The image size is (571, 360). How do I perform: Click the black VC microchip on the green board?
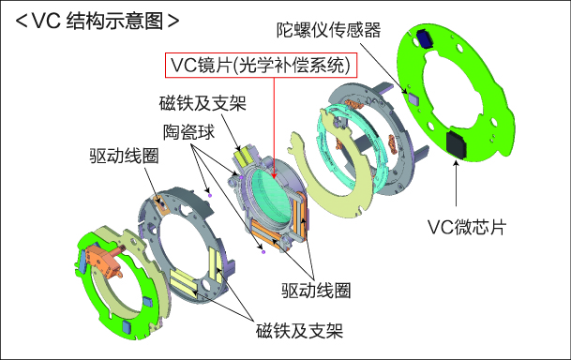tap(458, 144)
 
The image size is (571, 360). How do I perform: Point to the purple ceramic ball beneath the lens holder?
tap(263, 250)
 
